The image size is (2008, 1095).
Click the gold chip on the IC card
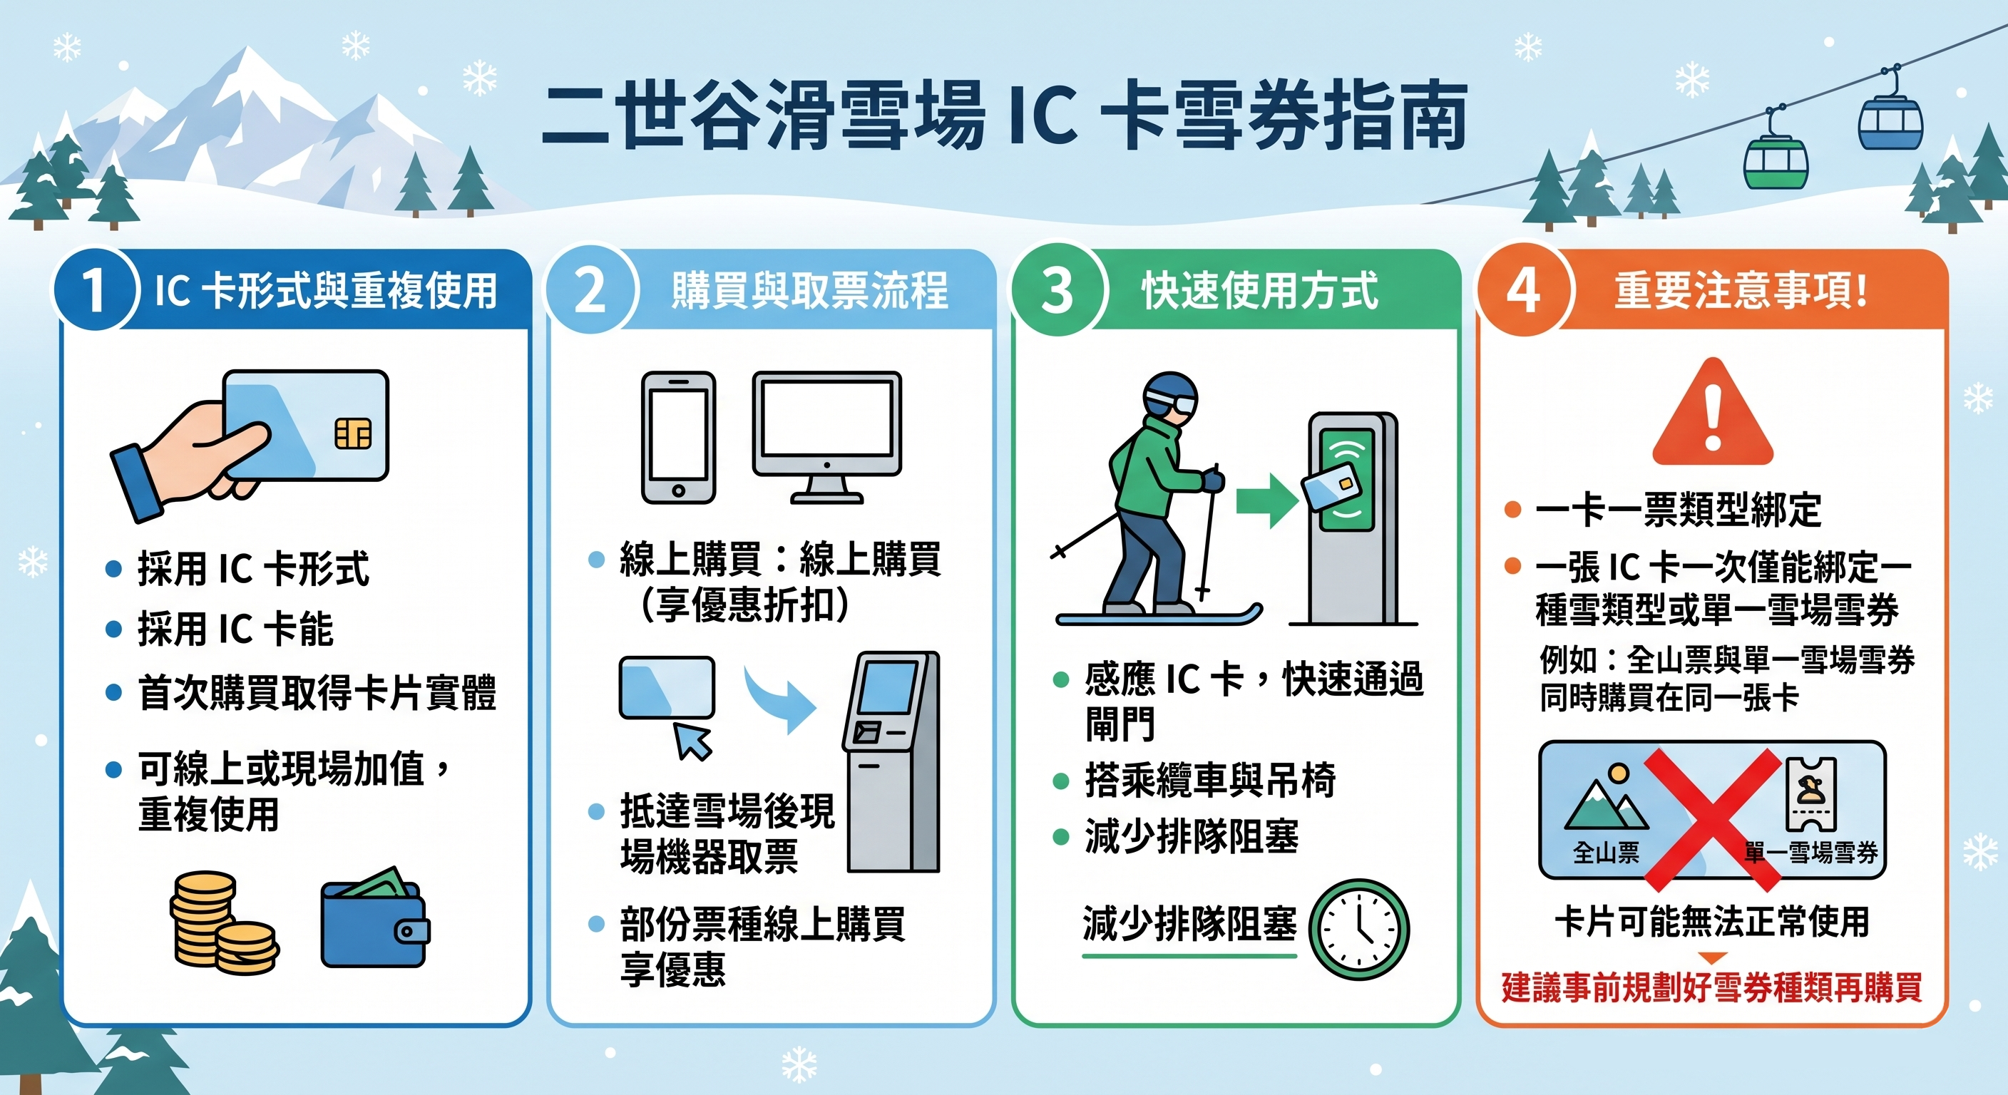coord(353,433)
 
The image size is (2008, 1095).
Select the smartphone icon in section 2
coord(678,437)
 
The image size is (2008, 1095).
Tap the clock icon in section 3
coord(1358,929)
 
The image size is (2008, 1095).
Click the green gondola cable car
coord(1776,160)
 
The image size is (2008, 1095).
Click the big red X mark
coord(1713,819)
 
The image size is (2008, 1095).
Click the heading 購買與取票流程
coord(810,291)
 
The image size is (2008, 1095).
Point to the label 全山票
coord(1606,853)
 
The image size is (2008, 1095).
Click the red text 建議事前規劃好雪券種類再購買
coord(1712,987)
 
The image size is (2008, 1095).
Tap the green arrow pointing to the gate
coord(1266,500)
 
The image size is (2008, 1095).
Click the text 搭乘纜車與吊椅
coord(1210,779)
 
